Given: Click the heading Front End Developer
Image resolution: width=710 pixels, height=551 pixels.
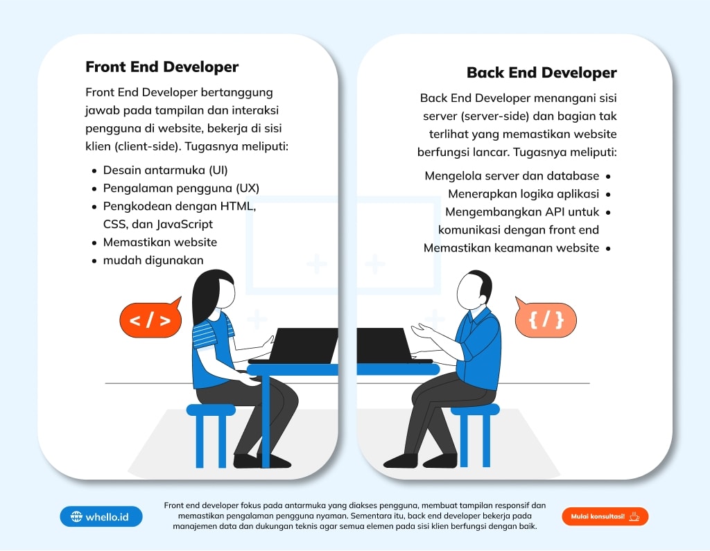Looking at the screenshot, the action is tap(162, 67).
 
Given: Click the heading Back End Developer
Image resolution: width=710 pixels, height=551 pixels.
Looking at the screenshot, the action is tap(542, 73).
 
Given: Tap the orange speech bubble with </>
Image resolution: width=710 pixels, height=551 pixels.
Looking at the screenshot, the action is tap(150, 318).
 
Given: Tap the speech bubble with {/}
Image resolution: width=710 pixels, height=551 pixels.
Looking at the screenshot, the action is tap(546, 318).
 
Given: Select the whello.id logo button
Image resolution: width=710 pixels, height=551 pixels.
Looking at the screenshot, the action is tap(101, 516).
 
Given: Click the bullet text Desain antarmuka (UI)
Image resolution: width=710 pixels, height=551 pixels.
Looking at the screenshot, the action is tap(165, 170).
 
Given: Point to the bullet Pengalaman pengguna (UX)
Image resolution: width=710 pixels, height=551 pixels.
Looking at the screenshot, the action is tap(181, 189).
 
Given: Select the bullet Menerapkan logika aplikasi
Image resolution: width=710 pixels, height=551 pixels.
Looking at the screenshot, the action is tap(523, 194).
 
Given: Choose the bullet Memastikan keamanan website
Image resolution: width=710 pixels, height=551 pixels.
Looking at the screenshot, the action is tap(511, 248).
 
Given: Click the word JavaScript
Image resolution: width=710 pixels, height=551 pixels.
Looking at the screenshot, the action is tap(184, 224).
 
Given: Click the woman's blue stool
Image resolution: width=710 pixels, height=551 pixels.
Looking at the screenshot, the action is tap(211, 435).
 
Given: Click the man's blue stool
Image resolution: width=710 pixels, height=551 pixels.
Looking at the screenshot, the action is tap(476, 435).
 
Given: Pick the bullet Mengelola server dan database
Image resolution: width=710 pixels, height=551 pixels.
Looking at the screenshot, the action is tap(512, 175).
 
